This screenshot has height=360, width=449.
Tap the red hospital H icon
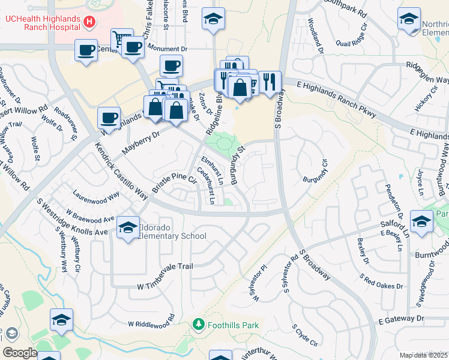[x=89, y=22]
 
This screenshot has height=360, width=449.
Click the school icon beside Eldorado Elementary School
[x=128, y=227]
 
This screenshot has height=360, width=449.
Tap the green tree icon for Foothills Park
[x=199, y=325]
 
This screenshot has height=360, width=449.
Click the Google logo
[x=19, y=353]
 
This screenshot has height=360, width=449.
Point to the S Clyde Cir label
[x=304, y=336]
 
